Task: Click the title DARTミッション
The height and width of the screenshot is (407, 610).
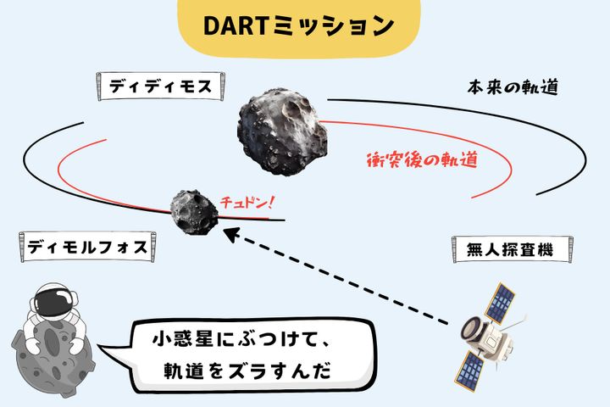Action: click(x=298, y=26)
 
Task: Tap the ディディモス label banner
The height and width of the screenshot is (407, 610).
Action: click(x=160, y=86)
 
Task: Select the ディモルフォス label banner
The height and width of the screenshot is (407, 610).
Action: click(x=87, y=247)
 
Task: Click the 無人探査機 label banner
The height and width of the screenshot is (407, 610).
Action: click(x=512, y=249)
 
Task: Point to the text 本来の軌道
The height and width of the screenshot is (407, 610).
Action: click(x=513, y=87)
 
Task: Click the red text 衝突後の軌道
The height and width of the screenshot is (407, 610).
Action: click(x=422, y=159)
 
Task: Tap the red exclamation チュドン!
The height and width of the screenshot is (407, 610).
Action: click(x=247, y=203)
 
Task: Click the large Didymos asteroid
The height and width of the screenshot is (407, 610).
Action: click(x=282, y=131)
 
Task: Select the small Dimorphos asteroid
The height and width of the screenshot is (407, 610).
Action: click(x=194, y=212)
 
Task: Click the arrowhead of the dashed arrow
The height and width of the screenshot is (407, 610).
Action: click(x=230, y=235)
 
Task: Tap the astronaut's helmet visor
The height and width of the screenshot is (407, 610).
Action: click(x=52, y=302)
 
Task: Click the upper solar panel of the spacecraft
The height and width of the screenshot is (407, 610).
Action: click(x=499, y=304)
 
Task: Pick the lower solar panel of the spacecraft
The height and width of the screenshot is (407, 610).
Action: click(x=470, y=370)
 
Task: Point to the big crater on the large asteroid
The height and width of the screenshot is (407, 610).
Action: click(x=297, y=108)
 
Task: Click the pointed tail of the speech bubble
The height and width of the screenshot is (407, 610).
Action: click(x=100, y=346)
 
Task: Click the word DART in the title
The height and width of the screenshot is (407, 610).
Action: click(x=235, y=26)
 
